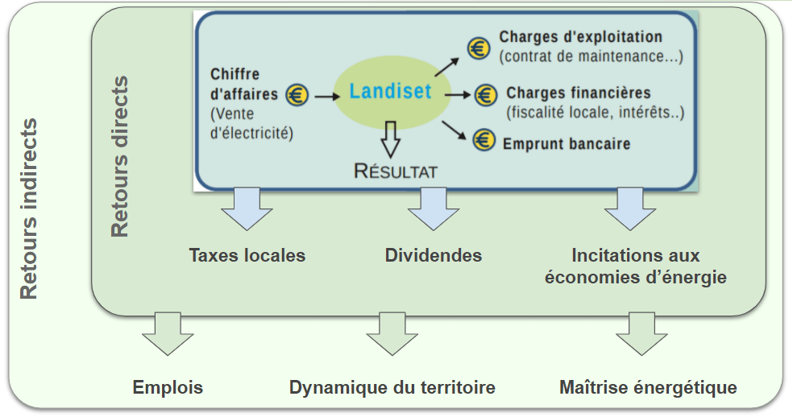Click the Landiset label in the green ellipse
pos(390,92)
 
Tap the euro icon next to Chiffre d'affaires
pos(297,95)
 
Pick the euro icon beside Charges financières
pos(485,95)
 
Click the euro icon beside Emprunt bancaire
pos(483,141)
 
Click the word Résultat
pos(396,171)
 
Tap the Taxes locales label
pos(247,255)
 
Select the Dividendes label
pos(434,255)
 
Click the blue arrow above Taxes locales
pos(247,209)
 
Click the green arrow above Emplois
pos(167,333)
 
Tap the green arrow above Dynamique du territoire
pos(392,333)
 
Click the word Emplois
pos(168,387)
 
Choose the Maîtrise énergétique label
pos(648,387)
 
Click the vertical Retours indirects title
pos(29,209)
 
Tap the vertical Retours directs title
pos(119,157)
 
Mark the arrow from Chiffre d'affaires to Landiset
pos(326,96)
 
